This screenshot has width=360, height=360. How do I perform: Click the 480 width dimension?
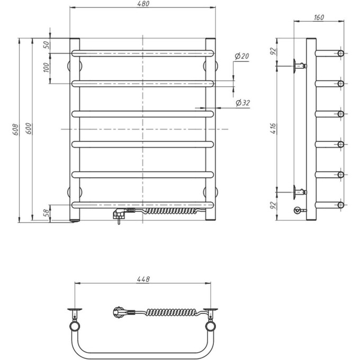(x=143, y=4)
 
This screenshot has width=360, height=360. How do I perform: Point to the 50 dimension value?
(x=46, y=45)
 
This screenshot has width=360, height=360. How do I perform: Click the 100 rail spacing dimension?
(x=46, y=68)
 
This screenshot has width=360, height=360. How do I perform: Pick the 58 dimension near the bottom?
(x=46, y=213)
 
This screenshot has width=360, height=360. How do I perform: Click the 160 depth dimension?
(x=319, y=17)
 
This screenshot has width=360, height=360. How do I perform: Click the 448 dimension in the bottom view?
(x=143, y=279)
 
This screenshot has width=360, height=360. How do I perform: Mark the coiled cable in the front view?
(x=169, y=211)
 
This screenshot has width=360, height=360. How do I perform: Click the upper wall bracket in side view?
(x=298, y=66)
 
